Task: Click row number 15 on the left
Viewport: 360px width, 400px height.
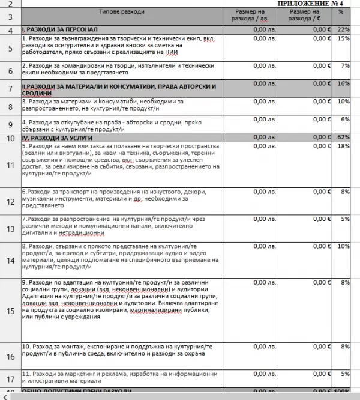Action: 10,311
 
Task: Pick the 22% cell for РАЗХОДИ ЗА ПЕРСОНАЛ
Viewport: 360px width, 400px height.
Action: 343,29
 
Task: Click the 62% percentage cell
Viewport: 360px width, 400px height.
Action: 343,138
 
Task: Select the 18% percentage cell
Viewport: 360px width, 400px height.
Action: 343,146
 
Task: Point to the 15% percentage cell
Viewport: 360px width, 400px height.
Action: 343,38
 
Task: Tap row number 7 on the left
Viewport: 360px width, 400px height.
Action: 10,88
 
